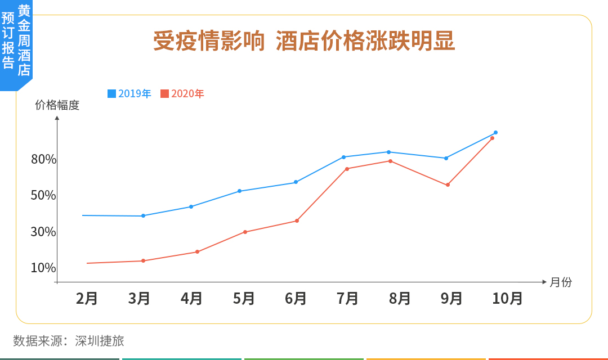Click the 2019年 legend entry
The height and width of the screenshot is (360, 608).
click(x=129, y=94)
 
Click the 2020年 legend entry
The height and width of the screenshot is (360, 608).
click(x=182, y=94)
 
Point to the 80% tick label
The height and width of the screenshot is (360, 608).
click(x=44, y=160)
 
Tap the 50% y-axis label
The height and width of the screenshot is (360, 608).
click(x=44, y=196)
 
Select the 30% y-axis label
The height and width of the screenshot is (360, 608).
click(x=44, y=232)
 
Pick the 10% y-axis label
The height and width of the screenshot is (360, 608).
click(x=44, y=268)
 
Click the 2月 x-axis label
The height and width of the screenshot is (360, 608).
click(x=87, y=298)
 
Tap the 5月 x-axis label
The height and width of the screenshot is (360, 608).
click(x=244, y=298)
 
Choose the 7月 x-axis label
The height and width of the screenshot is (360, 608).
click(x=348, y=298)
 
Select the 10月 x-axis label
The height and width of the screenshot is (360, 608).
click(x=508, y=298)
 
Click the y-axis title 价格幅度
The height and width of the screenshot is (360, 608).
click(x=57, y=105)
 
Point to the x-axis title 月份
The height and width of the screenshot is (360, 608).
click(x=561, y=282)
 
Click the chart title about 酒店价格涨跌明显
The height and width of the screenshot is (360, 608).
click(x=304, y=42)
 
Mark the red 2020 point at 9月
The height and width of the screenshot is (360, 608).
click(x=448, y=185)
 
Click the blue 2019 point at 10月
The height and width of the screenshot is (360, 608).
click(x=495, y=133)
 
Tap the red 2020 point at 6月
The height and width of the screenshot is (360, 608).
click(x=297, y=220)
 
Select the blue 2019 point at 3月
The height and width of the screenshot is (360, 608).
click(x=143, y=215)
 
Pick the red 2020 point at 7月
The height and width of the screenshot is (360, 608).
click(x=347, y=169)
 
